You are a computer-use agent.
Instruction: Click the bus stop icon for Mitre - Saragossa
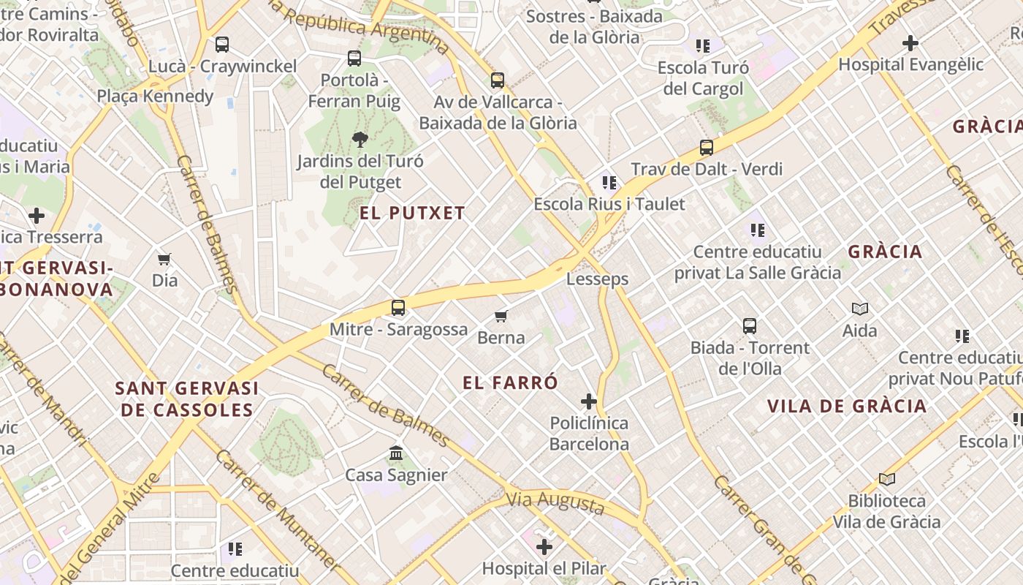[398, 308]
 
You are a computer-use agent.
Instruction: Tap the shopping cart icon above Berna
[501, 316]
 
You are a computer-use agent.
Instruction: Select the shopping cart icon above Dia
[164, 259]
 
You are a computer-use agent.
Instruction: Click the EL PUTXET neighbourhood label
[412, 213]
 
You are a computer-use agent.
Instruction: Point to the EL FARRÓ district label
[510, 382]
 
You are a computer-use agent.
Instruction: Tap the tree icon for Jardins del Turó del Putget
[360, 139]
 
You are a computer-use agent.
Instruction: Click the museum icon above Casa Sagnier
[396, 453]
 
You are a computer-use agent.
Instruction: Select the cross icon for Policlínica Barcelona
[589, 401]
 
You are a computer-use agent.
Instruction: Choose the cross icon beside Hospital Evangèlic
[910, 43]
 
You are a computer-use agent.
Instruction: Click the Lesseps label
[597, 279]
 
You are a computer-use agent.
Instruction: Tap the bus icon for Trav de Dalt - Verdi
[707, 147]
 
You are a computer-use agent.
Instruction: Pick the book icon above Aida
[860, 309]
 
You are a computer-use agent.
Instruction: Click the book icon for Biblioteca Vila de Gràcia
[887, 480]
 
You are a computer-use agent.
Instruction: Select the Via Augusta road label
[555, 502]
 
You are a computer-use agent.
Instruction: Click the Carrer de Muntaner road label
[277, 510]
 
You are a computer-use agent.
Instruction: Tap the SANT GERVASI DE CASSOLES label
[187, 399]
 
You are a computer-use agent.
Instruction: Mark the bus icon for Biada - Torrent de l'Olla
[750, 326]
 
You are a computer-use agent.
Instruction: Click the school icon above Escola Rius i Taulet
[609, 182]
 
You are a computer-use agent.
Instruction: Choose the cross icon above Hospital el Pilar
[544, 546]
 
